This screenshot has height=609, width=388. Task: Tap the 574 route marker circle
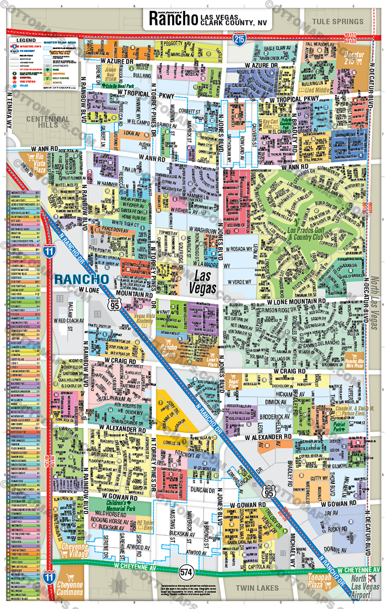click(186, 572)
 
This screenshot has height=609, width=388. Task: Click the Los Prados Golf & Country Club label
click(306, 234)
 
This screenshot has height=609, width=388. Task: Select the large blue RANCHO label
click(82, 279)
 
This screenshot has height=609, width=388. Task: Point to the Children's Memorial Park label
click(121, 506)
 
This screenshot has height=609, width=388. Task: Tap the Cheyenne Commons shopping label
click(70, 588)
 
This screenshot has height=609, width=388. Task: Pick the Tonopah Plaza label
click(319, 581)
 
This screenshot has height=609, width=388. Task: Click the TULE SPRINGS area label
click(338, 22)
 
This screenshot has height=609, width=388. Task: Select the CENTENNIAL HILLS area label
click(48, 122)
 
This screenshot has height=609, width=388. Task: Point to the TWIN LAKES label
click(257, 588)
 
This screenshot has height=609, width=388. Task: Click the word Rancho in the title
click(173, 19)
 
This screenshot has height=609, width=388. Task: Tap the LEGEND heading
click(26, 40)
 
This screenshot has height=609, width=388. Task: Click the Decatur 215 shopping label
click(354, 58)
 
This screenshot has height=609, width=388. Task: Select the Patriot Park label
click(339, 427)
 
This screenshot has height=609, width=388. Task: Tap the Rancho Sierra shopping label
click(169, 350)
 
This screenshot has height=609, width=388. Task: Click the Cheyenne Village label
click(75, 550)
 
